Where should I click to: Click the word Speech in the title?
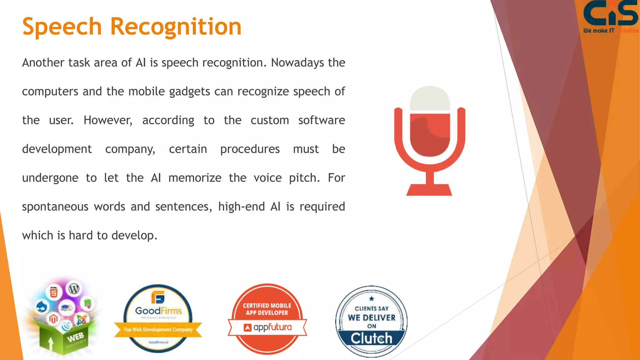coord(62,27)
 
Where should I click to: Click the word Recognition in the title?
coord(176,27)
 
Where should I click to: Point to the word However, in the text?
coord(108,120)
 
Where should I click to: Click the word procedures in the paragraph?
coord(250,149)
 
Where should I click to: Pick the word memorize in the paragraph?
coord(195,178)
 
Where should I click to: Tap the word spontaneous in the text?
coord(55,207)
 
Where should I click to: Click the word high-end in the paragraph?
coord(241,207)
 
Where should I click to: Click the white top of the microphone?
coord(430,97)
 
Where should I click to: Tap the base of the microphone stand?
coord(429,190)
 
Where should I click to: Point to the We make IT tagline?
coord(599,31)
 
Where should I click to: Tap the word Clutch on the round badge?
coord(371,338)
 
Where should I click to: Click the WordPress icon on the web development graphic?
coord(74,289)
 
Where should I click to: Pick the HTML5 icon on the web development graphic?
coord(54,293)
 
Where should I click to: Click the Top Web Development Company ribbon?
coord(158,329)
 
